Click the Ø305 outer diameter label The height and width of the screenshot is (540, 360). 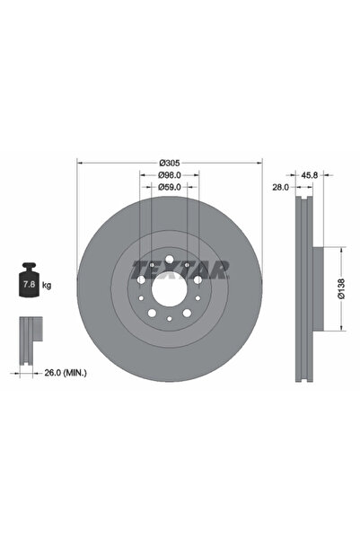coord(170,162)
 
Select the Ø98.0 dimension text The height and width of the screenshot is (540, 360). coord(171,174)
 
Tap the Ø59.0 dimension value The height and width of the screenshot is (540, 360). coord(171,187)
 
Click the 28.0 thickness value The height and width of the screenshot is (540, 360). coord(280,188)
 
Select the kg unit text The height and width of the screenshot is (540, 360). coord(47,285)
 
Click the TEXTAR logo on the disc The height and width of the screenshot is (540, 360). coord(180,269)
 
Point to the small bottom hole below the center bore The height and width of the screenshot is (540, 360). coord(169,319)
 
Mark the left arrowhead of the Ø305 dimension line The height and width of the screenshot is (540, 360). coord(78,163)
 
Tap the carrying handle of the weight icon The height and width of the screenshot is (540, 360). coord(27,269)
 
